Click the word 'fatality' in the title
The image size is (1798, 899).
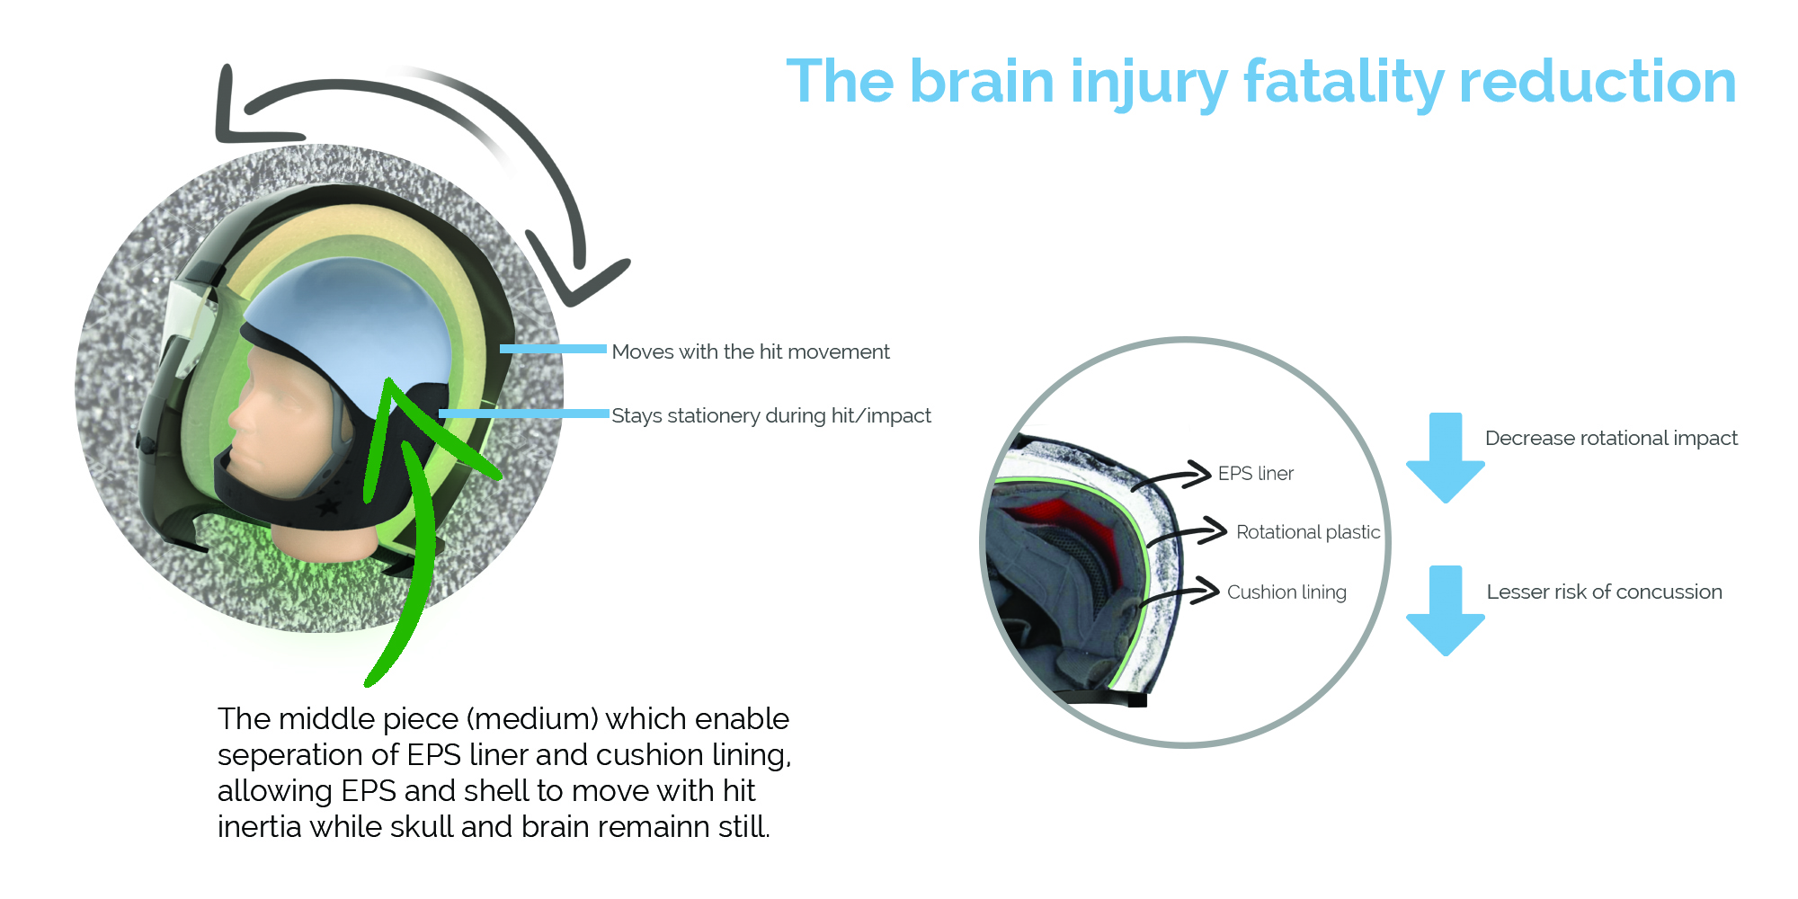pos(1343,82)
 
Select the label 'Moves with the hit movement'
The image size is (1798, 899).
pos(751,352)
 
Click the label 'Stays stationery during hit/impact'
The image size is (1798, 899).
pos(771,415)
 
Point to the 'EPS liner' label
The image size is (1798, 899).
pos(1256,474)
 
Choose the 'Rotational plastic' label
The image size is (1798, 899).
pos(1308,532)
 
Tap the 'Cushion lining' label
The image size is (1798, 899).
pos(1286,592)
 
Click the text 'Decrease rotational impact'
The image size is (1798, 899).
pos(1611,438)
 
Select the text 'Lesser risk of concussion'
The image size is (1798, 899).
pos(1605,592)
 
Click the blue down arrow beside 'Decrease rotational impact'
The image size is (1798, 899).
pos(1446,458)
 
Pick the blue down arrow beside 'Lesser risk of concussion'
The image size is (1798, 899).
pos(1446,611)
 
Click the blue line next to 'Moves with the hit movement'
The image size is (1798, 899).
pos(553,349)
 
